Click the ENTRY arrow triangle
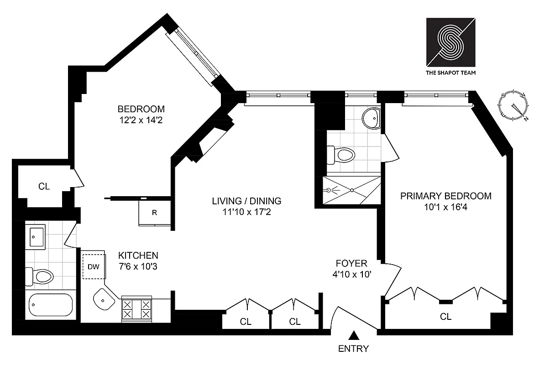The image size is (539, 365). tap(353, 335)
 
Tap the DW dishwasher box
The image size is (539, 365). tap(94, 266)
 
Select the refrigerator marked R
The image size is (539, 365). tap(155, 213)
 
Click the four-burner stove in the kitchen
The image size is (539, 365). tap(137, 309)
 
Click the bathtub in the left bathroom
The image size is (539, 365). tap(51, 305)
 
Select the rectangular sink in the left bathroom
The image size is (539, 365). tap(35, 237)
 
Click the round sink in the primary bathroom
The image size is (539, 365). tap(371, 118)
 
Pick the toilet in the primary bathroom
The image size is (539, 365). tap(340, 155)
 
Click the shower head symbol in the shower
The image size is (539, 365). tap(329, 190)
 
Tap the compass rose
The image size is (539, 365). tap(514, 105)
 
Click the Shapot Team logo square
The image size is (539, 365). tap(450, 42)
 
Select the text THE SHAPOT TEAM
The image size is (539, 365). tap(450, 73)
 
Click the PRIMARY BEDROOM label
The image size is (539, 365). tap(446, 196)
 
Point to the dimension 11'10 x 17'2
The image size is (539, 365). tap(247, 212)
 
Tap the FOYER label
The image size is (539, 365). tap(351, 263)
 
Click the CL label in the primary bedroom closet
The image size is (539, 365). tap(446, 317)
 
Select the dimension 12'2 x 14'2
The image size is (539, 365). tap(141, 120)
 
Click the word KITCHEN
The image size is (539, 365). tap(138, 255)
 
